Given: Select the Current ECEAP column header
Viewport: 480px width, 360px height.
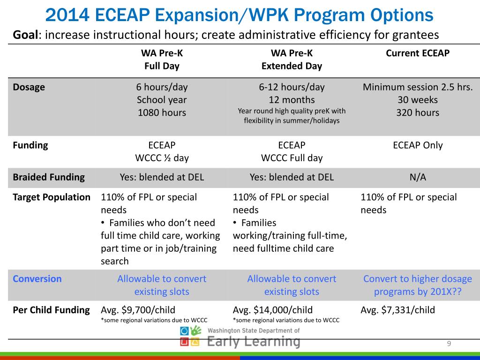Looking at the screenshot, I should pyautogui.click(x=417, y=53).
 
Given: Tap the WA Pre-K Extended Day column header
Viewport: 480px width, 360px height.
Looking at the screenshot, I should pyautogui.click(x=292, y=60).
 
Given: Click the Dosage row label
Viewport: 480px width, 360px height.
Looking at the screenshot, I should pyautogui.click(x=29, y=87).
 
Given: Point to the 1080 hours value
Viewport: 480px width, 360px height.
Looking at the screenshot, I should pyautogui.click(x=162, y=112).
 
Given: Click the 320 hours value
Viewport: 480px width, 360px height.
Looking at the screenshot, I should pyautogui.click(x=417, y=112).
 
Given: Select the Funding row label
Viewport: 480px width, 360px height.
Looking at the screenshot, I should pyautogui.click(x=30, y=145).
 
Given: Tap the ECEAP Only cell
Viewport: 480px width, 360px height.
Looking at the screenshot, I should pyautogui.click(x=417, y=145).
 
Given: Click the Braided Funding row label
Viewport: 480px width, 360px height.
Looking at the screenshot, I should pyautogui.click(x=49, y=177).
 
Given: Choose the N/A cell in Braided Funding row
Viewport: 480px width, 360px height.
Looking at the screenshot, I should pyautogui.click(x=417, y=177).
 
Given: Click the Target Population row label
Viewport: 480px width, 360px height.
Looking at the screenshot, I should pyautogui.click(x=52, y=197).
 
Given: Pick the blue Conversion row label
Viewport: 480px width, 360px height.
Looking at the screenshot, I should pyautogui.click(x=37, y=279).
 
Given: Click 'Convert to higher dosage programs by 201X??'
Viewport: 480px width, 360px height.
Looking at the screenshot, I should pyautogui.click(x=417, y=285).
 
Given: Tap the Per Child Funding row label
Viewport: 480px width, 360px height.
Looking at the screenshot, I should pyautogui.click(x=51, y=310).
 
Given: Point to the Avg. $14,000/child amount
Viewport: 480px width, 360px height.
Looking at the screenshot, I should pyautogui.click(x=272, y=310).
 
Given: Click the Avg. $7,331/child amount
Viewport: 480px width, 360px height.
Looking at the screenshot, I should pyautogui.click(x=397, y=310).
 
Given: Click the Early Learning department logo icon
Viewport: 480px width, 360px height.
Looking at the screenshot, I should pyautogui.click(x=190, y=337).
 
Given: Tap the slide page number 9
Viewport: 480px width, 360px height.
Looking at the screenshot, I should pyautogui.click(x=449, y=345).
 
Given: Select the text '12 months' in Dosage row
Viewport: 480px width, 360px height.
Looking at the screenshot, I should pyautogui.click(x=292, y=100).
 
